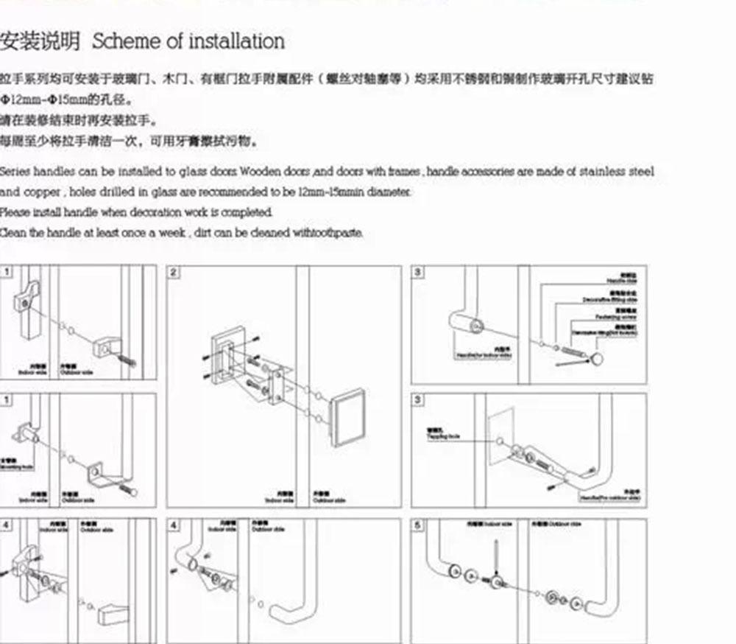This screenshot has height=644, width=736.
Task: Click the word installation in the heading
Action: coord(236,41)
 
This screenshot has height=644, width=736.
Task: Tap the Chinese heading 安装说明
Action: coord(40,41)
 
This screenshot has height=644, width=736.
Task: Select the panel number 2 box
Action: coord(174,273)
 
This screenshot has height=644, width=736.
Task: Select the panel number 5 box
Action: coord(418,525)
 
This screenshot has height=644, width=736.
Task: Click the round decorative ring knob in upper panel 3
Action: coord(596,359)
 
